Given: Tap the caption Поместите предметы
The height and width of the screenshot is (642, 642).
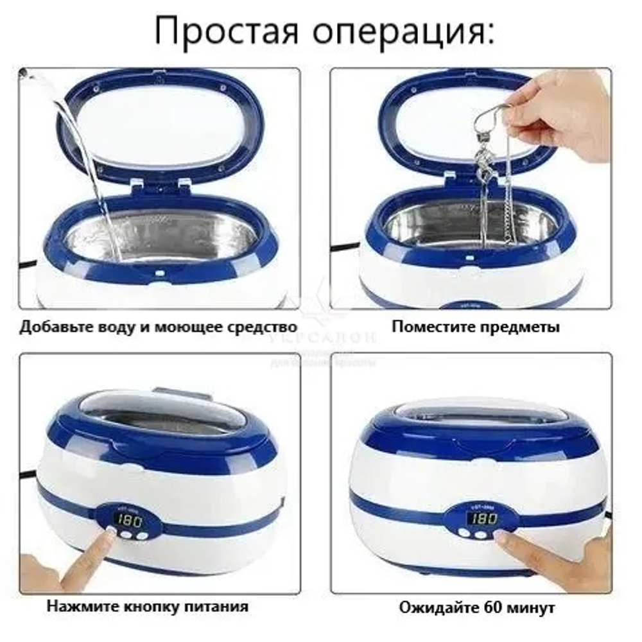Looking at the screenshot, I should tap(476, 327).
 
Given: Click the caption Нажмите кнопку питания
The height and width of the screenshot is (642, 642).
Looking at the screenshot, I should tap(148, 605).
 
